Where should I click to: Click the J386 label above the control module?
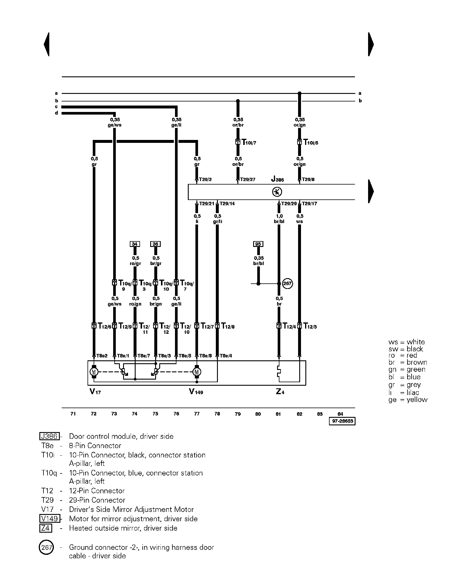[x=277, y=179]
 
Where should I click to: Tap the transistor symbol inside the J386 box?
[x=277, y=192]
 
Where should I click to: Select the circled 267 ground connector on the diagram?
[x=288, y=283]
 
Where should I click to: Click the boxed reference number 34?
[x=134, y=244]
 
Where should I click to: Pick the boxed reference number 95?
[x=258, y=244]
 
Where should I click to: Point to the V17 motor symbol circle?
[x=94, y=372]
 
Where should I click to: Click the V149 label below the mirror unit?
[x=196, y=392]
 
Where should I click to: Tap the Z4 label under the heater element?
[x=280, y=392]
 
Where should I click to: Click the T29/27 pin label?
[x=247, y=180]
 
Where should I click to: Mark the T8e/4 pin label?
[x=225, y=356]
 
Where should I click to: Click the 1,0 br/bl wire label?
[x=279, y=219]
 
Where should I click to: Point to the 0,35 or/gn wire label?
[x=300, y=122]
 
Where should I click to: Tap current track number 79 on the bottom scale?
[x=238, y=414]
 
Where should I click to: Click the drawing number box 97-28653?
[x=342, y=421]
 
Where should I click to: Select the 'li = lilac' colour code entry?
[x=404, y=392]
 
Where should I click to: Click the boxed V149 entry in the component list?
[x=50, y=519]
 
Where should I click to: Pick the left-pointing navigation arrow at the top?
[x=47, y=44]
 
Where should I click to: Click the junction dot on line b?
[x=238, y=101]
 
